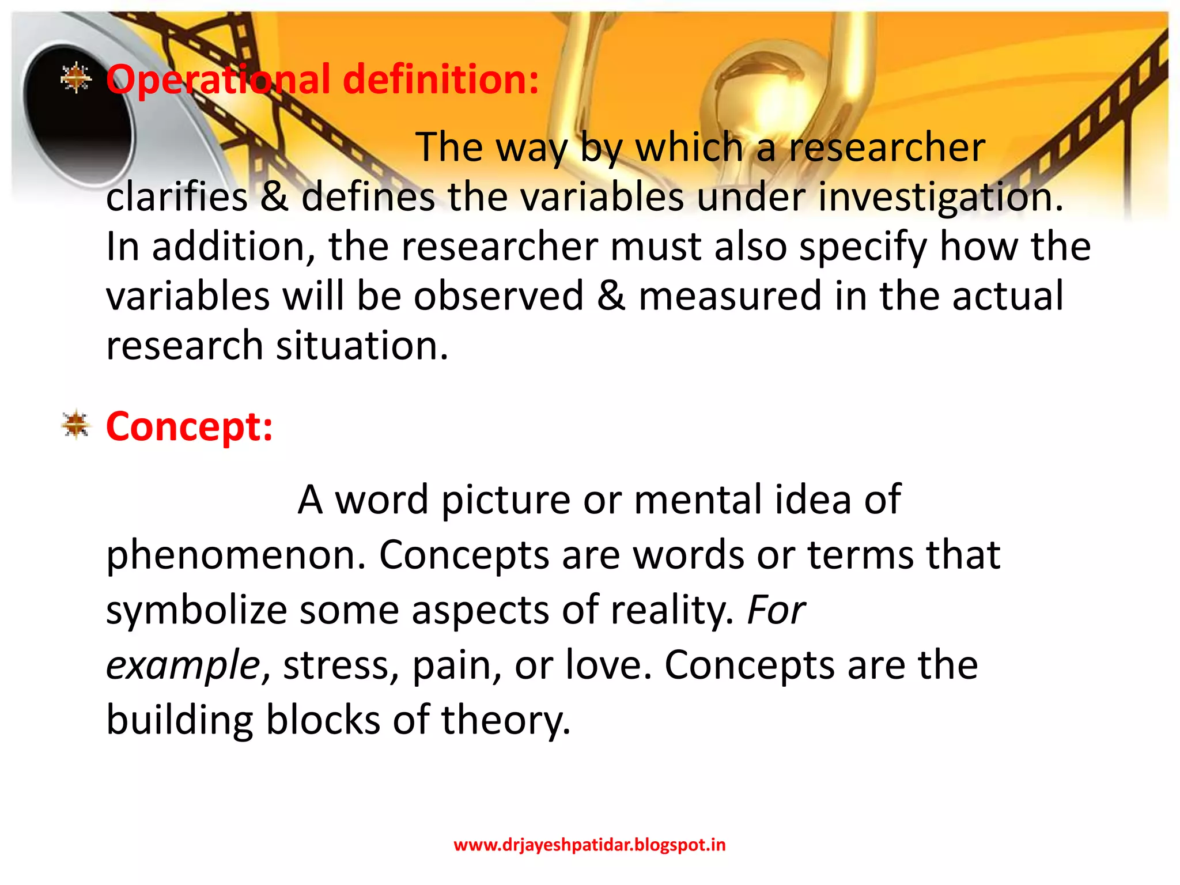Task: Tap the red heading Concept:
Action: coord(189,427)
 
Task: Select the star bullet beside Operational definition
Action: coord(75,78)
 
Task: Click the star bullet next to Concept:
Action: coord(75,425)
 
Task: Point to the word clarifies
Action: coord(177,197)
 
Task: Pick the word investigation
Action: coord(939,197)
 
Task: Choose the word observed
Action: coord(498,296)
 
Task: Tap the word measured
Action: coord(729,296)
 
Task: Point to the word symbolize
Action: coord(196,611)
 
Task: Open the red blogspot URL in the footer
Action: coord(589,845)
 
